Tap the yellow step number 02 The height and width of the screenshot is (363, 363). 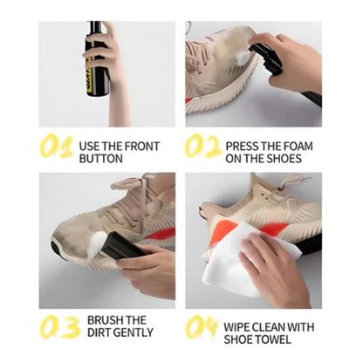click(x=203, y=147)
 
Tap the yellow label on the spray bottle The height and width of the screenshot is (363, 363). click(x=91, y=87)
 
